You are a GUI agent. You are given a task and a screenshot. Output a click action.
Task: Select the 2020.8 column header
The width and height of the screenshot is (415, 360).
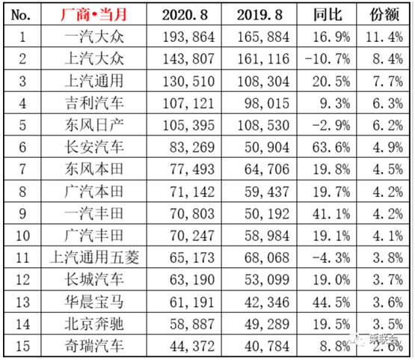tap(190, 14)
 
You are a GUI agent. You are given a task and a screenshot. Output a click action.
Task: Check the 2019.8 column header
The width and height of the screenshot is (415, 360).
tap(261, 14)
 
